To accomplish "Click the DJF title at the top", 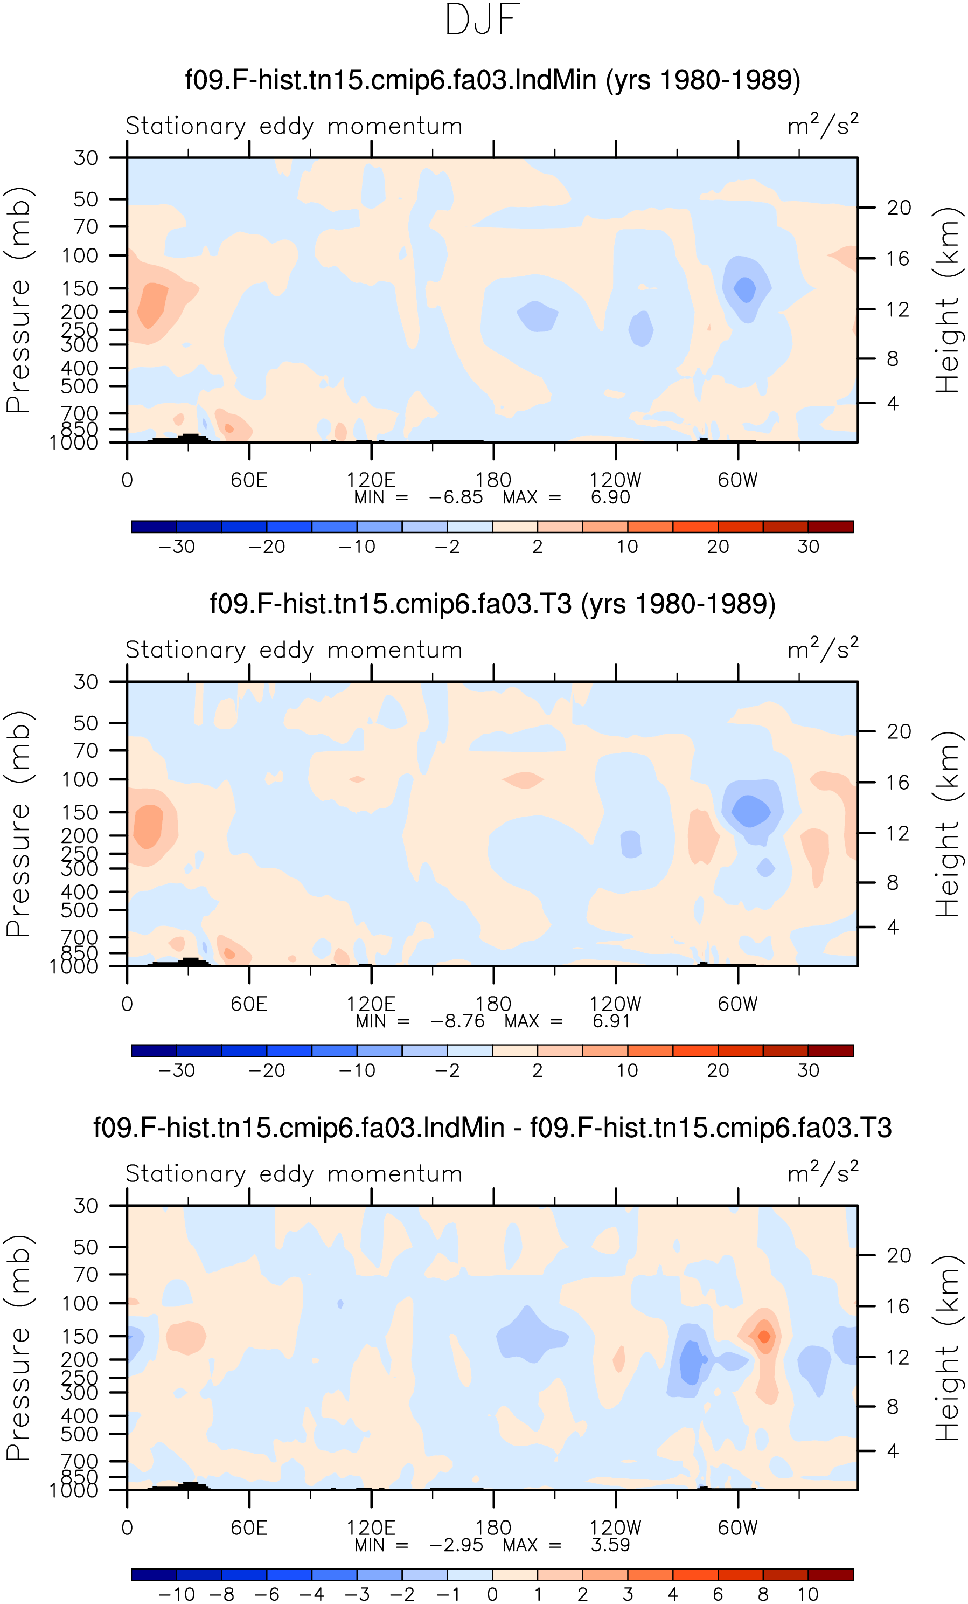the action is (482, 19).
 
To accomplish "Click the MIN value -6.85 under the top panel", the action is (455, 497).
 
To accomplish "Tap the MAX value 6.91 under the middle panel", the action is (611, 1021).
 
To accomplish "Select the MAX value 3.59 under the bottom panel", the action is (610, 1545).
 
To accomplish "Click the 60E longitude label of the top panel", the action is (249, 480).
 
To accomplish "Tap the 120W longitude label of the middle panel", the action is (615, 1004).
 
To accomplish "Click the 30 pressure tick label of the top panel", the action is (86, 157).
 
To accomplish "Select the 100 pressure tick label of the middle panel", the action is (80, 779).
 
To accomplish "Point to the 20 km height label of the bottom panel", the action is (899, 1255).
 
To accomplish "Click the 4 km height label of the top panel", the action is (893, 403).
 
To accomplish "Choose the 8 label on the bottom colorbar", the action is (763, 1594).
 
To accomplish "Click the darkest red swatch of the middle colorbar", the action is (831, 1050).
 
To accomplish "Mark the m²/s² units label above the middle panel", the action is (823, 648).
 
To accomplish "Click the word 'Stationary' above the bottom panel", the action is (185, 1174).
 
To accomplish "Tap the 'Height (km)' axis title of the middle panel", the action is (947, 824).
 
